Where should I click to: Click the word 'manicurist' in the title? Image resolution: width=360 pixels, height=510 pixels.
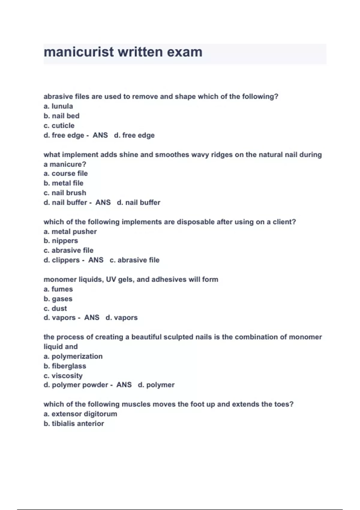[x=79, y=52]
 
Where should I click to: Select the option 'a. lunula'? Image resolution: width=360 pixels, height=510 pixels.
[x=58, y=106]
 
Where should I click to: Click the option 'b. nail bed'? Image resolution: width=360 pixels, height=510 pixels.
[x=61, y=116]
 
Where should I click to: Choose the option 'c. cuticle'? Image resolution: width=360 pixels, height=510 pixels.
[x=59, y=125]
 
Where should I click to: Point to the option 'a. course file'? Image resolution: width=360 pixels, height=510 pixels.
[x=66, y=173]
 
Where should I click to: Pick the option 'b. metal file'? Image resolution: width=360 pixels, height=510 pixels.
[x=64, y=183]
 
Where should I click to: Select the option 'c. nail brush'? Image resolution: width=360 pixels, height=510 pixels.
[x=65, y=193]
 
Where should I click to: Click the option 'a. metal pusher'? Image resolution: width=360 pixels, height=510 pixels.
[x=70, y=232]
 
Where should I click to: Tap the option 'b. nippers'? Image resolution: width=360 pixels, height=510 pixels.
[x=61, y=241]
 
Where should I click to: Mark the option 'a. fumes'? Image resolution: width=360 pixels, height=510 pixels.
[x=58, y=289]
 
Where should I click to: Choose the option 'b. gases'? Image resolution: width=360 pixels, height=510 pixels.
[x=58, y=299]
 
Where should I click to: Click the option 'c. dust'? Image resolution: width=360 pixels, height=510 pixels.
[x=55, y=308]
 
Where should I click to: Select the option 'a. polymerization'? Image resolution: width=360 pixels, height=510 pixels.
[x=73, y=356]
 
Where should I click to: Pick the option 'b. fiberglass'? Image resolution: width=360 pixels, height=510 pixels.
[x=65, y=366]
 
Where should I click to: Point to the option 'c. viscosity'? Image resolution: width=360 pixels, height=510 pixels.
[x=63, y=376]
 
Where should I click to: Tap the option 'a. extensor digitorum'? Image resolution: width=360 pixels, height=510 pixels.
[x=80, y=414]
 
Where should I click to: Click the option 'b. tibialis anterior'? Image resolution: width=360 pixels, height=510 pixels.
[x=74, y=424]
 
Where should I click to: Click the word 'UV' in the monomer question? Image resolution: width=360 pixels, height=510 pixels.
[x=111, y=280]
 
